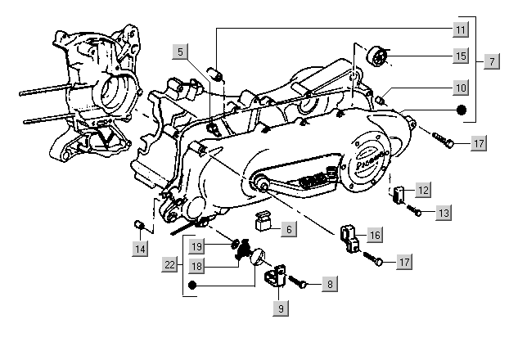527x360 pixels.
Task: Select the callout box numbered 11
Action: (462, 29)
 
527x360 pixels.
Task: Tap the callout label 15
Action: (462, 56)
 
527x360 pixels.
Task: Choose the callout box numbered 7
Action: (491, 61)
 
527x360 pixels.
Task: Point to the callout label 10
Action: (462, 87)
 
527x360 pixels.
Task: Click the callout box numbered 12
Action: (423, 190)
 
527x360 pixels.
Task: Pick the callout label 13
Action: (443, 213)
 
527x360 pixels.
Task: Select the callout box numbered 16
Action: (375, 236)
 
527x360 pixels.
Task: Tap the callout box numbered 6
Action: (289, 230)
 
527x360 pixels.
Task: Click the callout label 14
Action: (142, 248)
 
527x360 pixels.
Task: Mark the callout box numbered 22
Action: (169, 264)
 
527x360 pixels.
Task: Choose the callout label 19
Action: (197, 245)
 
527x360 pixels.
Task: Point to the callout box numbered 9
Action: (281, 308)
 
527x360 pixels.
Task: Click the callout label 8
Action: (329, 285)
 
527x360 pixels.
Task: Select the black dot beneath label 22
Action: (192, 285)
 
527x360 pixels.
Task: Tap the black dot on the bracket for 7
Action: (462, 110)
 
